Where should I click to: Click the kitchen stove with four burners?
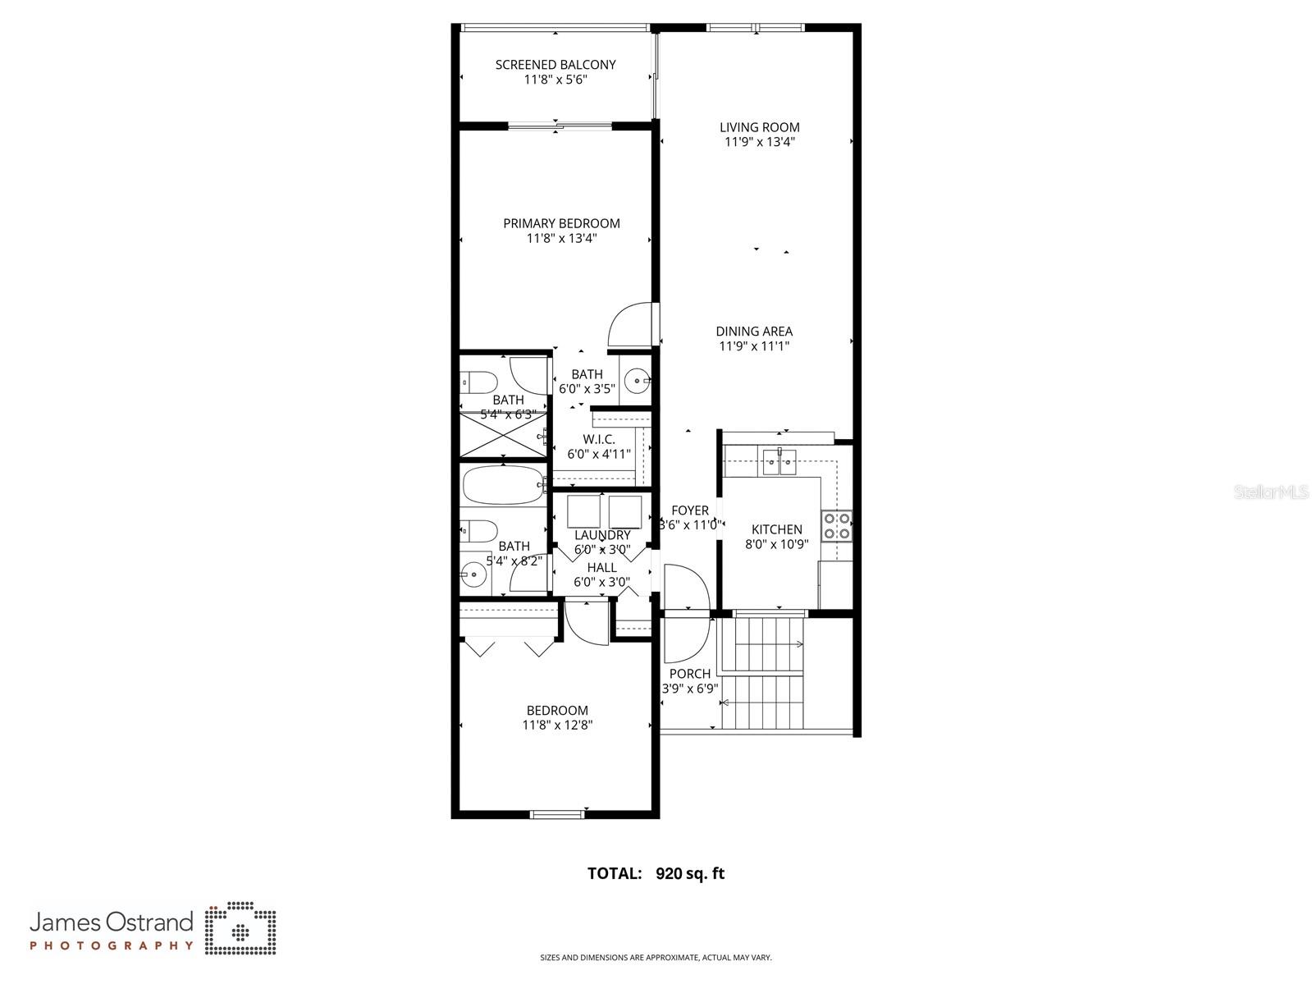pos(837,525)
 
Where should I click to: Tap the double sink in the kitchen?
pos(779,462)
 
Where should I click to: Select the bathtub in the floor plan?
pos(502,485)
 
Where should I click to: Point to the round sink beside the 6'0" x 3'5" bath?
pos(637,381)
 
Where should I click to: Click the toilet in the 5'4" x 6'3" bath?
pos(479,382)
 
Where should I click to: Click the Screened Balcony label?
pos(555,65)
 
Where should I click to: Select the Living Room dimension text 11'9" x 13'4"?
pos(759,142)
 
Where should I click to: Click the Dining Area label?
pos(754,332)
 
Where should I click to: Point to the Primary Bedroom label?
pos(561,223)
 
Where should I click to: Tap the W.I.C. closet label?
pos(599,440)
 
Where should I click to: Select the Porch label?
pos(689,674)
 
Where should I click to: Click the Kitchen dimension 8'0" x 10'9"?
pos(776,544)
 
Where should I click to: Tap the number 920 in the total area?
pos(670,874)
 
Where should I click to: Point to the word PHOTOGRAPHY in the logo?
pos(112,945)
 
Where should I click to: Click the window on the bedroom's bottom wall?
pos(557,814)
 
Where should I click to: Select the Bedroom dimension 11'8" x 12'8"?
pos(557,725)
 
